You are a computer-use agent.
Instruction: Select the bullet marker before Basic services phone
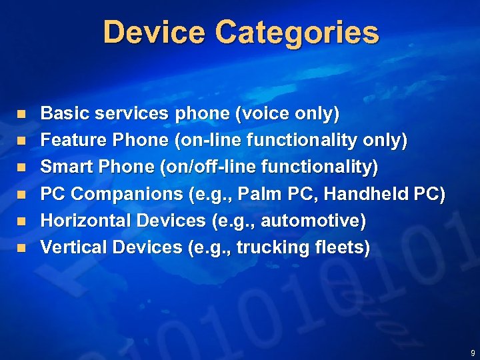tap(21, 115)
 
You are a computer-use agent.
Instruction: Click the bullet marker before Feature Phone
tap(21, 141)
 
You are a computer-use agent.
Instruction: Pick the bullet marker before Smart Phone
tap(21, 168)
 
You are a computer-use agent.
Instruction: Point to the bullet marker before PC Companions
tap(21, 195)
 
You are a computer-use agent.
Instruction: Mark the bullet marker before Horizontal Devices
tap(21, 221)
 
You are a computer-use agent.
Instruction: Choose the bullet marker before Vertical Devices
tap(21, 247)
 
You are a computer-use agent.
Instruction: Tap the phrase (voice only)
tap(287, 114)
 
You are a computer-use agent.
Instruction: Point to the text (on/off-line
tap(213, 167)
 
